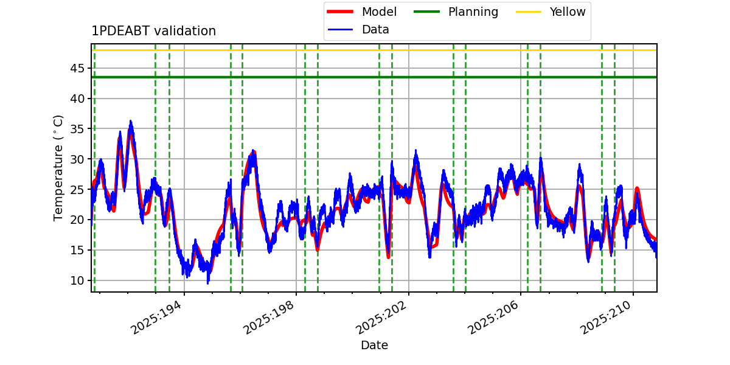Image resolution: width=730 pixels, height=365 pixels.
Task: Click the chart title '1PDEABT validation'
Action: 153,31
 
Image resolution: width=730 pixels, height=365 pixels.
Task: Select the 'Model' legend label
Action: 379,12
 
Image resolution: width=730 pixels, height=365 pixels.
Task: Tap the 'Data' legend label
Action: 375,30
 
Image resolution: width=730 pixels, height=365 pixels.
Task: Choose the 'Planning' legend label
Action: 473,12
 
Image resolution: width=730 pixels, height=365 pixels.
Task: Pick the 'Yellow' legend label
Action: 568,12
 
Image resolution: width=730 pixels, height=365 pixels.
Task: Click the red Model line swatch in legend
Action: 340,12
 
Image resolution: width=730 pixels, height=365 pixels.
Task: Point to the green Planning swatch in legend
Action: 426,12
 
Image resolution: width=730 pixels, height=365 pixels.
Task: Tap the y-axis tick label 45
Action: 77,68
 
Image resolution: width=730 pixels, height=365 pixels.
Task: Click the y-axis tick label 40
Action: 77,99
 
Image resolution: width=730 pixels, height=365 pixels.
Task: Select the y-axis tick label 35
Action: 77,129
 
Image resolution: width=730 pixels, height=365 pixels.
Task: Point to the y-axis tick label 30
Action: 77,159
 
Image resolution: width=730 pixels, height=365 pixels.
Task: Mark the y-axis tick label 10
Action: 77,280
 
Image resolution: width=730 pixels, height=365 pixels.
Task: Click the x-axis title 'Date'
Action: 375,345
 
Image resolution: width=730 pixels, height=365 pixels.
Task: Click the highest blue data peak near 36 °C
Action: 131,121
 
